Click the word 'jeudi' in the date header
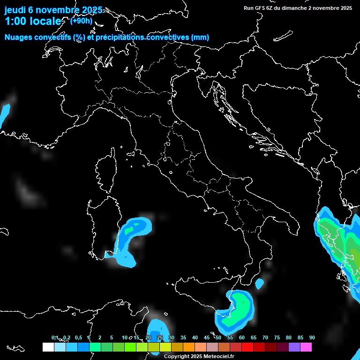pos(16,10)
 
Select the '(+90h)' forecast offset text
pos(81,21)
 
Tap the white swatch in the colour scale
pos(48,347)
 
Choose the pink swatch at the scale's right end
pos(306,347)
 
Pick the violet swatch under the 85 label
pos(294,347)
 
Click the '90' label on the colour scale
pos(312,337)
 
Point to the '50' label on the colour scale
pos(218,337)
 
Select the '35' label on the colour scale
pos(183,337)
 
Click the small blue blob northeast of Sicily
pos(259,283)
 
